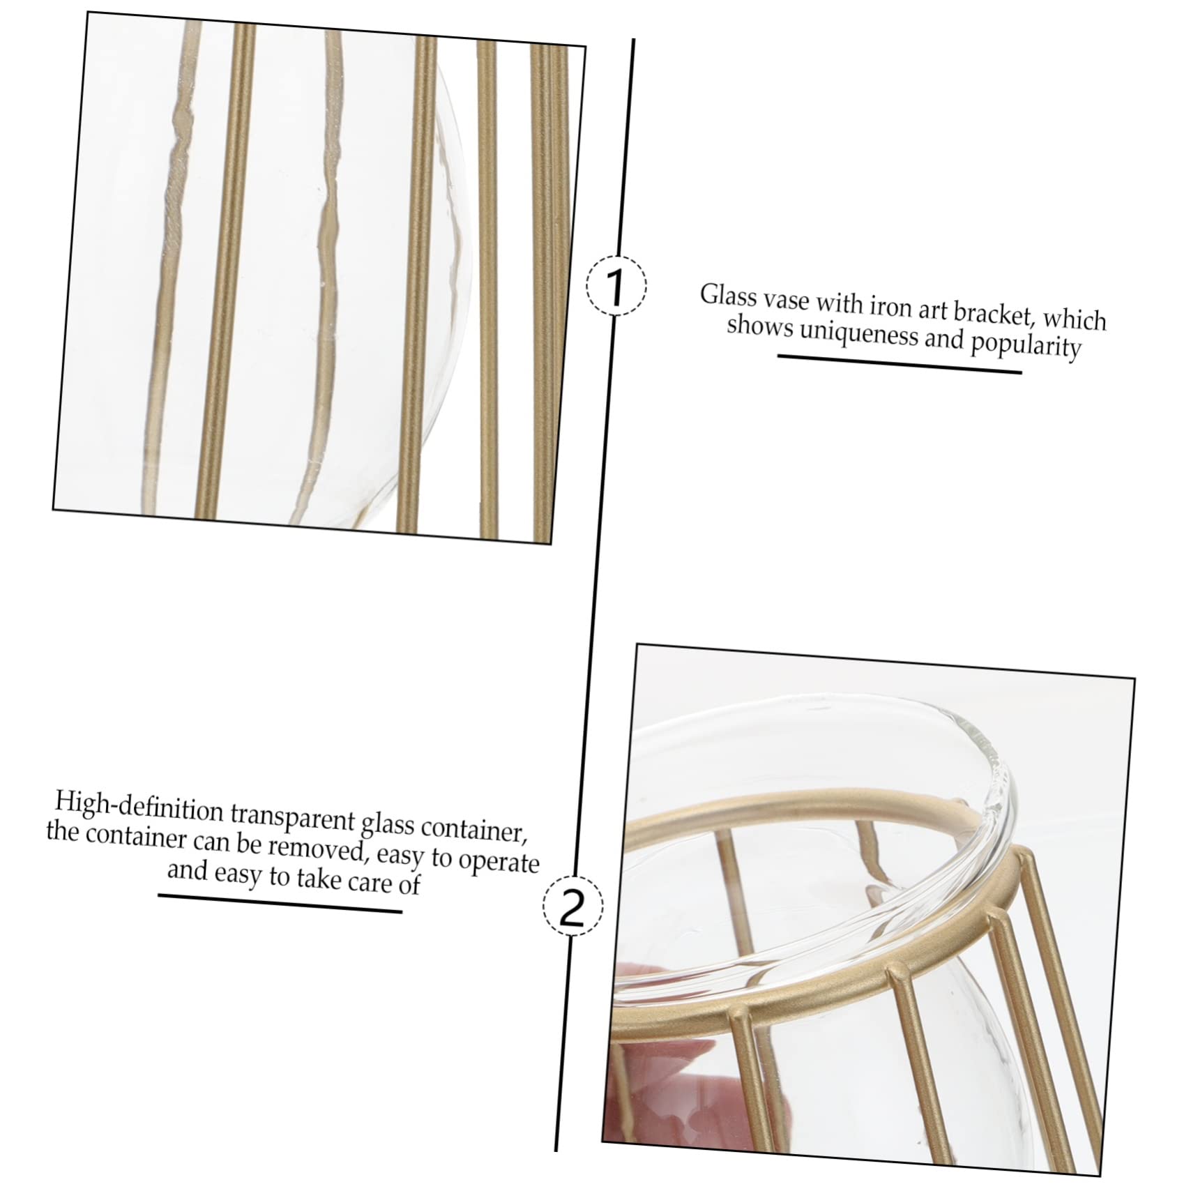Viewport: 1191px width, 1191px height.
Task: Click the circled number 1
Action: pyautogui.click(x=616, y=285)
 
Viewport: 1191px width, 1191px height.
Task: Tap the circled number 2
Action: pyautogui.click(x=574, y=906)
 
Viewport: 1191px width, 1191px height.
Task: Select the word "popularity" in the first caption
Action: pyautogui.click(x=1026, y=344)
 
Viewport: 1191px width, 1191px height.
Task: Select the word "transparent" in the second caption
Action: pyautogui.click(x=294, y=817)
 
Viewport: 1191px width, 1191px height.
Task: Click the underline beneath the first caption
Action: pyautogui.click(x=900, y=364)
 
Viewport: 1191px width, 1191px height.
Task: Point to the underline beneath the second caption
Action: pyautogui.click(x=280, y=903)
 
